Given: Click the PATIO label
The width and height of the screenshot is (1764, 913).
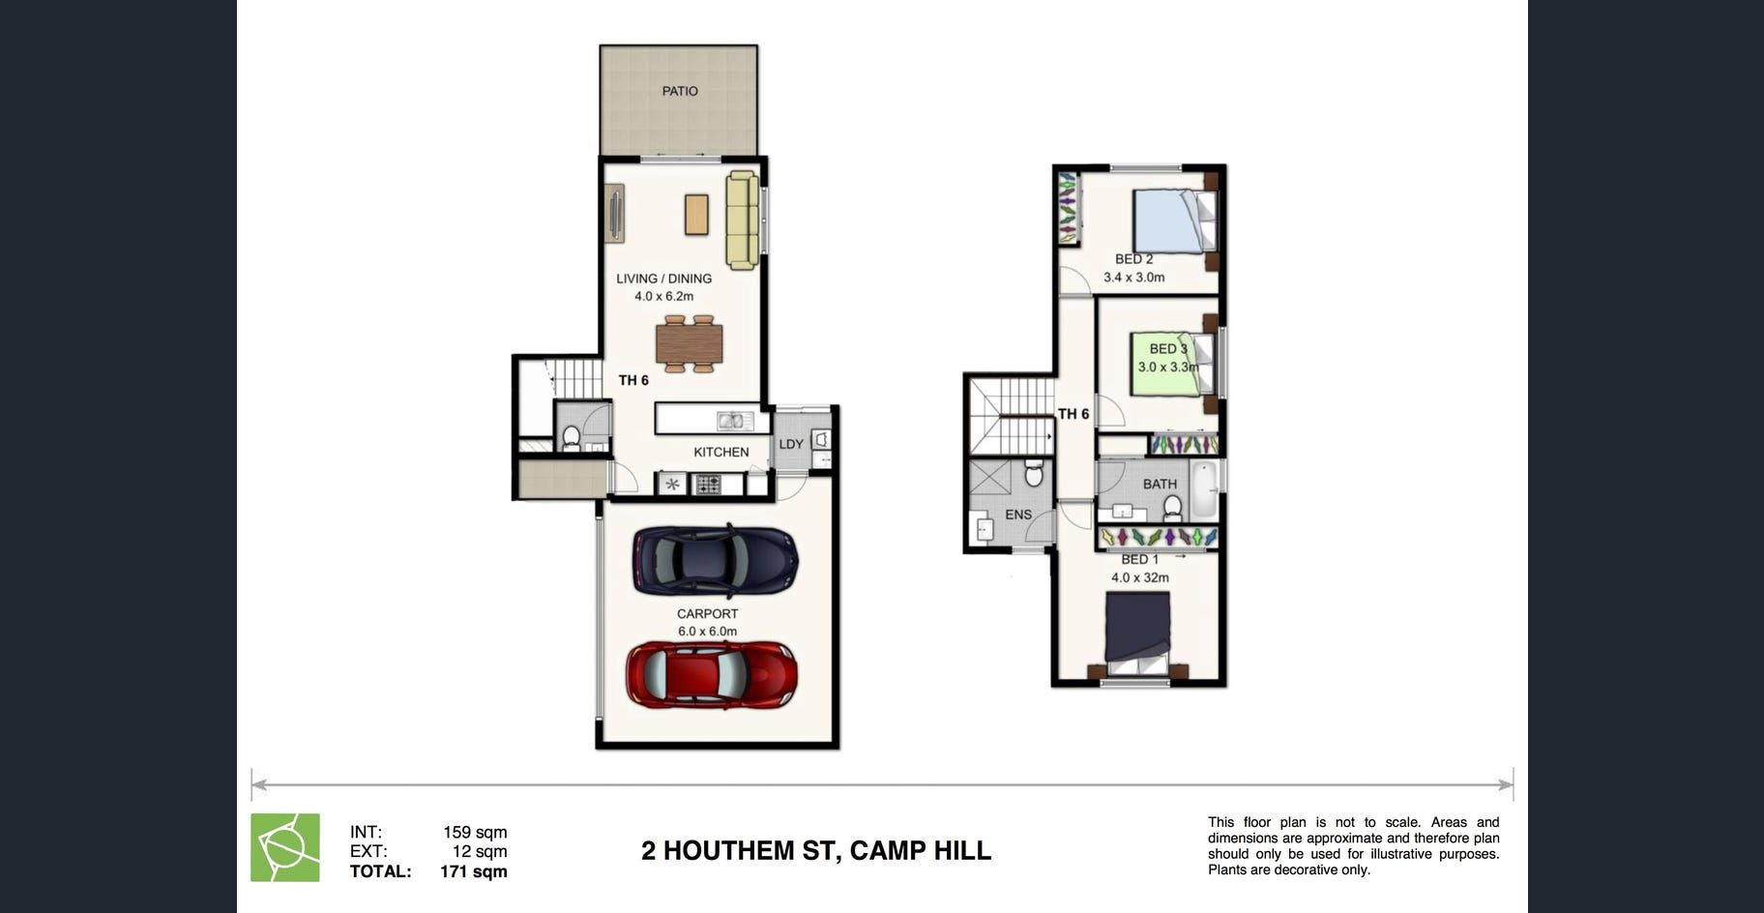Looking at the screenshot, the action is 680,91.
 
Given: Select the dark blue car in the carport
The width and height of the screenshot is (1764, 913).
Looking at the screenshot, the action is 716,560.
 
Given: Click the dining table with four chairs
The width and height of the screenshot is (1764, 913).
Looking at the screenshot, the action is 690,343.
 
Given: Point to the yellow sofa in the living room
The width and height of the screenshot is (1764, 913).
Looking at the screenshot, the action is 742,221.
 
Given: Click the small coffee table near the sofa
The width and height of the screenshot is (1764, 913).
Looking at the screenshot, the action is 696,215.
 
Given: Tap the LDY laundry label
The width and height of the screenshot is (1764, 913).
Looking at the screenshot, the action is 791,445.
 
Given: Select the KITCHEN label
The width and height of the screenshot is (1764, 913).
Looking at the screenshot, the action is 721,452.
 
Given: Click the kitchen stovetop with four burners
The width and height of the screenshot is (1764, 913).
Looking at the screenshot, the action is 708,484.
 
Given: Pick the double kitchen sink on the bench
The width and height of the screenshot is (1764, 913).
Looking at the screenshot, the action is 735,421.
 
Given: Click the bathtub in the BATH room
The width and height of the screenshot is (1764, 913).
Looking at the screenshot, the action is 1203,490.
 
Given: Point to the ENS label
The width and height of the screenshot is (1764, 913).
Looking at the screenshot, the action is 1018,515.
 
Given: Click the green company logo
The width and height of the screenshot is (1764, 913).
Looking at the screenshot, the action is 285,847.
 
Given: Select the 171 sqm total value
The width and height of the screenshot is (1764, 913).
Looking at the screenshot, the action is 474,871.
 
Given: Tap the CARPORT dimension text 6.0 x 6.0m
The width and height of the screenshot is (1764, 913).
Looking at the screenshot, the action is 708,632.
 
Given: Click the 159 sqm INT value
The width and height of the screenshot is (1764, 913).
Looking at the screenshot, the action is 475,832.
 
